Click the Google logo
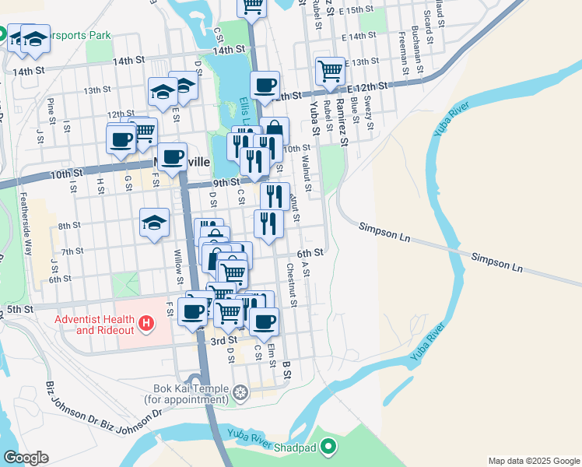tap(26, 457)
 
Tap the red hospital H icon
tap(145, 321)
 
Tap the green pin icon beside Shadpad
tap(329, 446)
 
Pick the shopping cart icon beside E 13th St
tap(330, 71)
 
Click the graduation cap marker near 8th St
tap(155, 223)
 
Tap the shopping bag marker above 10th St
tap(275, 131)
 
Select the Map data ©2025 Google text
tap(533, 461)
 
